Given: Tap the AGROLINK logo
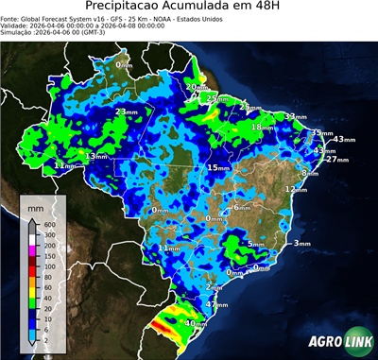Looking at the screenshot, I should tap(336, 342).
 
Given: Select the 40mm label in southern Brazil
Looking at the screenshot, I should tap(196, 323).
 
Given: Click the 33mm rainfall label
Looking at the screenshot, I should tap(295, 116).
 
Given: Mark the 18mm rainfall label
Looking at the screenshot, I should tap(260, 127).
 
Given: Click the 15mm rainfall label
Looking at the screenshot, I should tap(218, 167).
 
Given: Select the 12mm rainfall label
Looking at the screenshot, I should tap(296, 189).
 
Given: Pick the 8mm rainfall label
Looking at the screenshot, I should tap(308, 173).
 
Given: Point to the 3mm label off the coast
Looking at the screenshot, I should tap(301, 243).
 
